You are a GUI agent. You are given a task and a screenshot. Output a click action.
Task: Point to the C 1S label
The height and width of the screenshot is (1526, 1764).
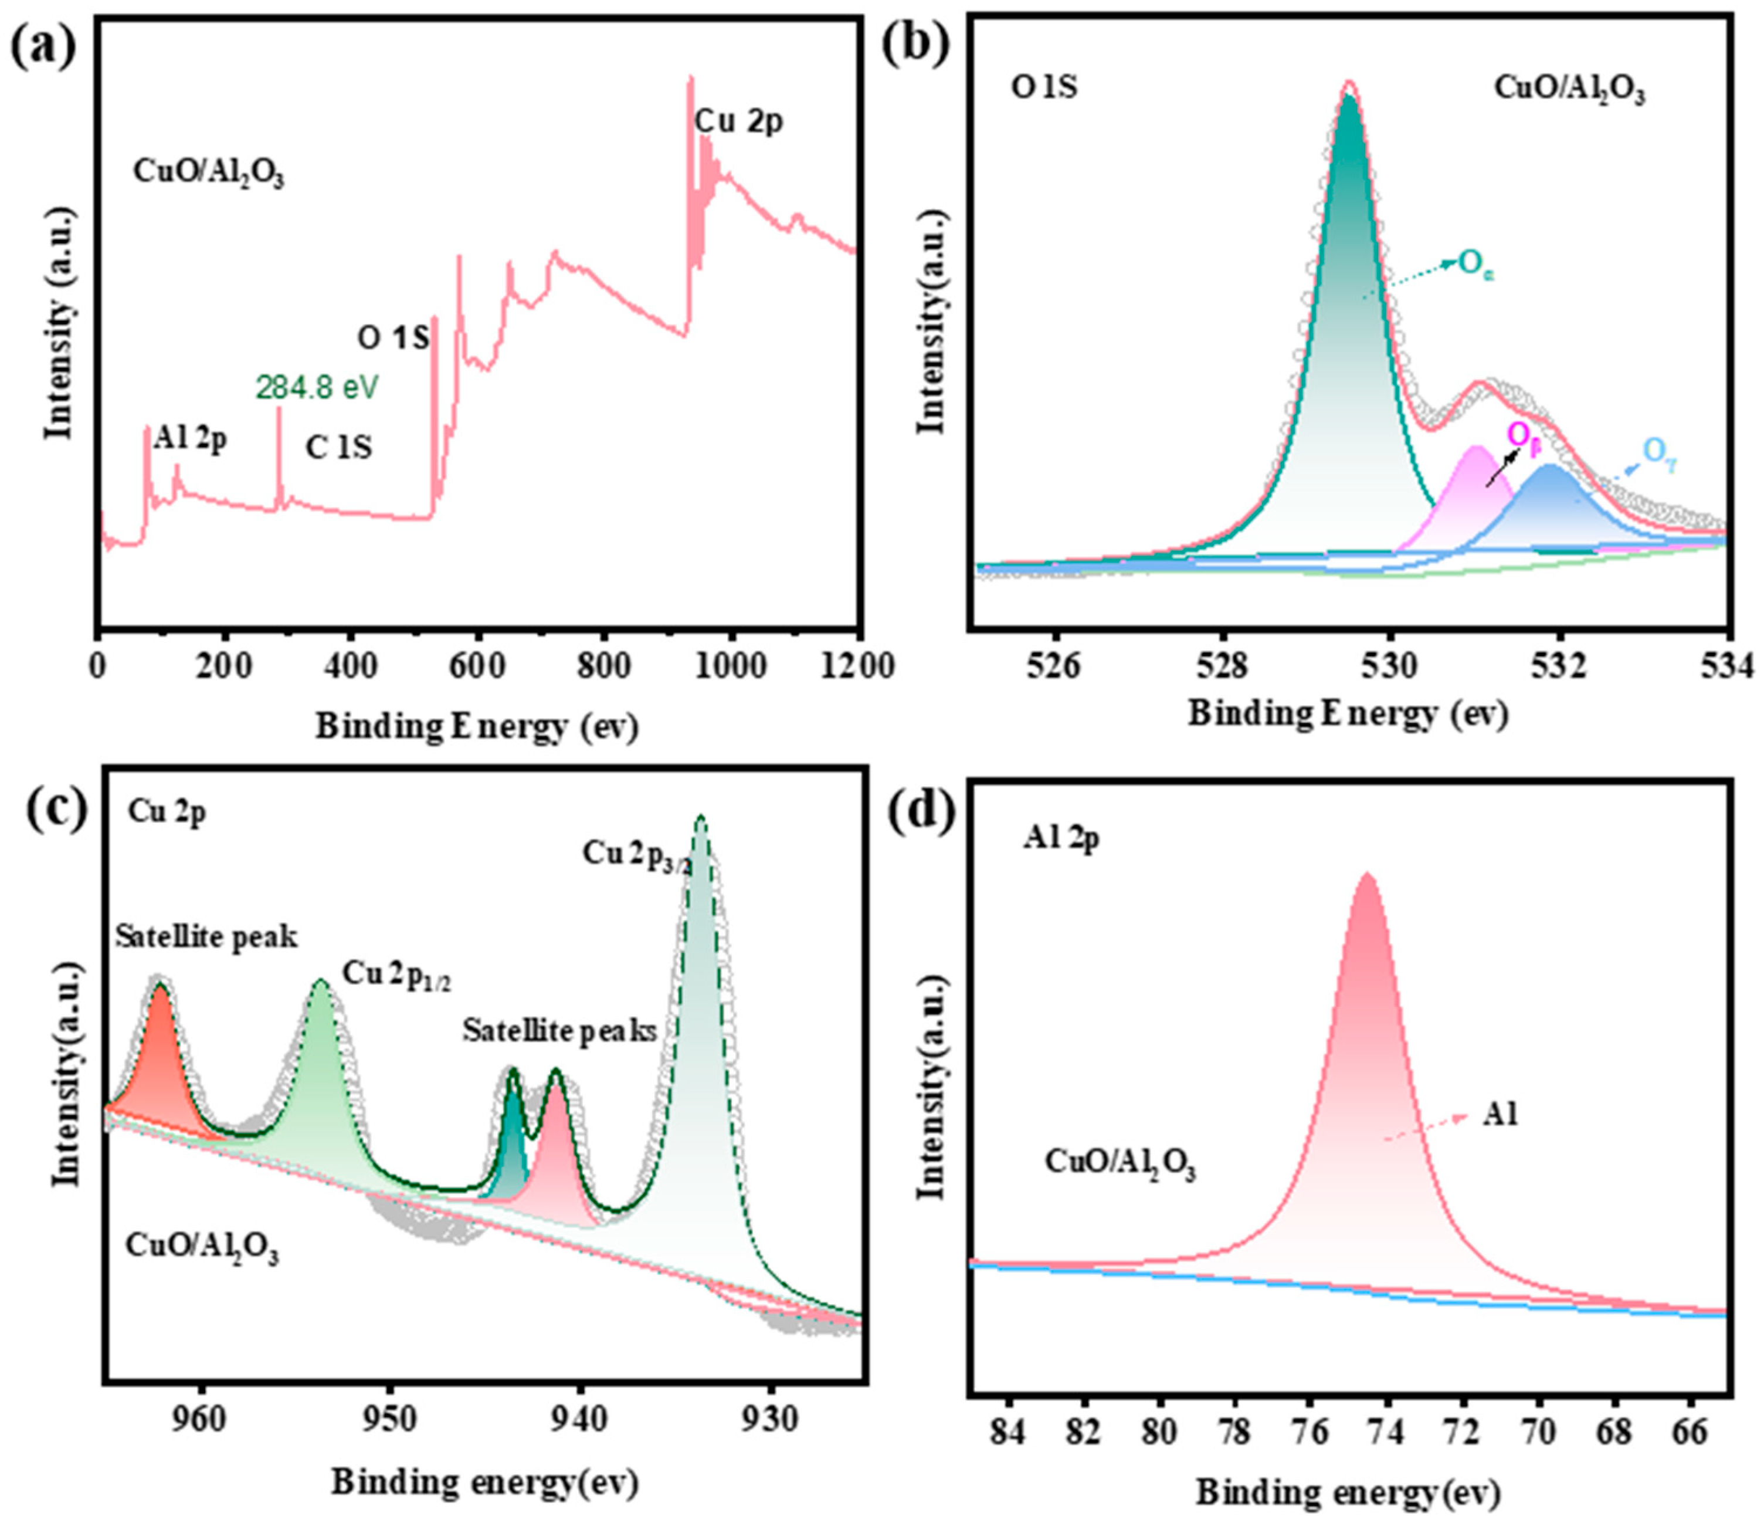339,447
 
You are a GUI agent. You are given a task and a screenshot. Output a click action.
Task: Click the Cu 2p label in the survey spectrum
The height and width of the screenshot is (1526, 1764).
738,122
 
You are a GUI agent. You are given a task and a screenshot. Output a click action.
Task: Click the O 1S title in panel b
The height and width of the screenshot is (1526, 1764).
1044,87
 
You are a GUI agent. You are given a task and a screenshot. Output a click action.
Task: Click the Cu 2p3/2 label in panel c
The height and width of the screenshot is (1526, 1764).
637,855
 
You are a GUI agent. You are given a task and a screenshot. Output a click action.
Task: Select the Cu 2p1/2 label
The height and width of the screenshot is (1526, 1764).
396,975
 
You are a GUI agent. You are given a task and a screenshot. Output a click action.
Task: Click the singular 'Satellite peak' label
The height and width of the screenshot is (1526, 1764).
207,938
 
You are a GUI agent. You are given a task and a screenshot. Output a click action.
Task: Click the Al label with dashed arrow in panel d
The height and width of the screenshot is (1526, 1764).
1500,1115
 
